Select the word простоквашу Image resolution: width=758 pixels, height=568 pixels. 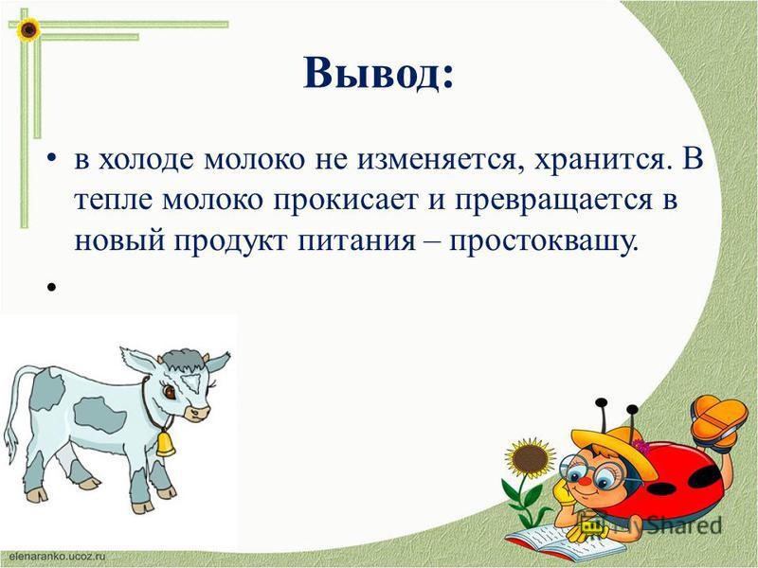[540, 241]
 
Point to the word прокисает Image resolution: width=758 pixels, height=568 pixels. [345, 202]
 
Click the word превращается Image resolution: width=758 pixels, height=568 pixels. [553, 202]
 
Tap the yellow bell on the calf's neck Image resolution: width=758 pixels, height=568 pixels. [165, 443]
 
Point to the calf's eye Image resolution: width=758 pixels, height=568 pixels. [170, 391]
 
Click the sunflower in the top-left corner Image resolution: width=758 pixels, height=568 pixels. [28, 30]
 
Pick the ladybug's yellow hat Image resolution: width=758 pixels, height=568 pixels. [614, 449]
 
